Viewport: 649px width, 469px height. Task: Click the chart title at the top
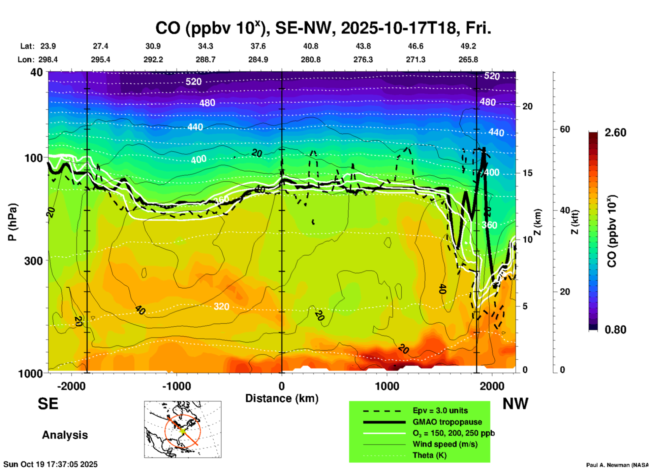tap(323, 28)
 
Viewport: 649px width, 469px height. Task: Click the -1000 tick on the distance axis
tap(177, 386)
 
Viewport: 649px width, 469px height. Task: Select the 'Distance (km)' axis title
tap(282, 398)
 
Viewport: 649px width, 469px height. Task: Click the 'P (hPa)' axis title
tap(12, 222)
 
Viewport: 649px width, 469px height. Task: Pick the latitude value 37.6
tap(258, 46)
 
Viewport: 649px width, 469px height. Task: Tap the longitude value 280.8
tap(311, 60)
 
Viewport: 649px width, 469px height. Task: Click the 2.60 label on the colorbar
tap(615, 133)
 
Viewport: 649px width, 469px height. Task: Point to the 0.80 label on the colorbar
tap(615, 330)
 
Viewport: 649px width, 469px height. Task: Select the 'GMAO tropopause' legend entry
tap(447, 422)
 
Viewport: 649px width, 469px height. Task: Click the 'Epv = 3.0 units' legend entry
tap(440, 411)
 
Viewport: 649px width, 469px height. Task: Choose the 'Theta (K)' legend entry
tap(430, 456)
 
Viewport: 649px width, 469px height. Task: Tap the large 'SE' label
tap(48, 404)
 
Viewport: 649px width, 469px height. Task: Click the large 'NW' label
tap(515, 404)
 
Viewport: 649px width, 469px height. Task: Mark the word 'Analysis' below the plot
tap(65, 435)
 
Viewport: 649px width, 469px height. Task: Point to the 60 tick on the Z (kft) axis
tap(565, 129)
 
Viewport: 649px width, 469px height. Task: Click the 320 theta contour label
tap(221, 306)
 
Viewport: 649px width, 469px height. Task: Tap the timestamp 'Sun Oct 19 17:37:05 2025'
tap(51, 464)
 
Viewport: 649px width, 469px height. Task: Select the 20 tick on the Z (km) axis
tap(527, 106)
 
